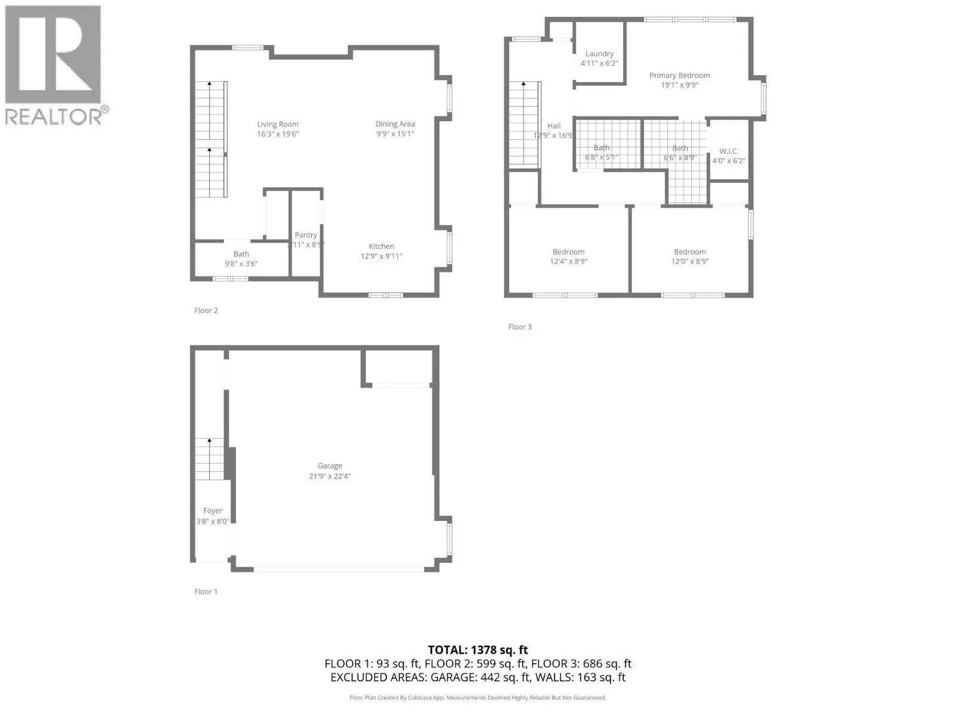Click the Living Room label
278,124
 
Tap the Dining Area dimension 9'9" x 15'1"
395,134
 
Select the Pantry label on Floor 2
306,235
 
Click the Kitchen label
381,246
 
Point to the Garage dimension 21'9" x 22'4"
330,476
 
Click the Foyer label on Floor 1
213,511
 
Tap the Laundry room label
599,54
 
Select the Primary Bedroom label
679,75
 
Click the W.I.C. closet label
729,151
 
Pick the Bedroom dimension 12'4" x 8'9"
569,262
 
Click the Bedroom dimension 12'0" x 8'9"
690,262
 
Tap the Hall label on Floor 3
554,125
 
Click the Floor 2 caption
206,311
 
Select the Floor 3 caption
520,327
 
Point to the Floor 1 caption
206,592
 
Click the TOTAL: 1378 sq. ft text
478,649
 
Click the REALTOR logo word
54,116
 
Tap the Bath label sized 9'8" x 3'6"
241,254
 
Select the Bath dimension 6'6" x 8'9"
680,158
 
